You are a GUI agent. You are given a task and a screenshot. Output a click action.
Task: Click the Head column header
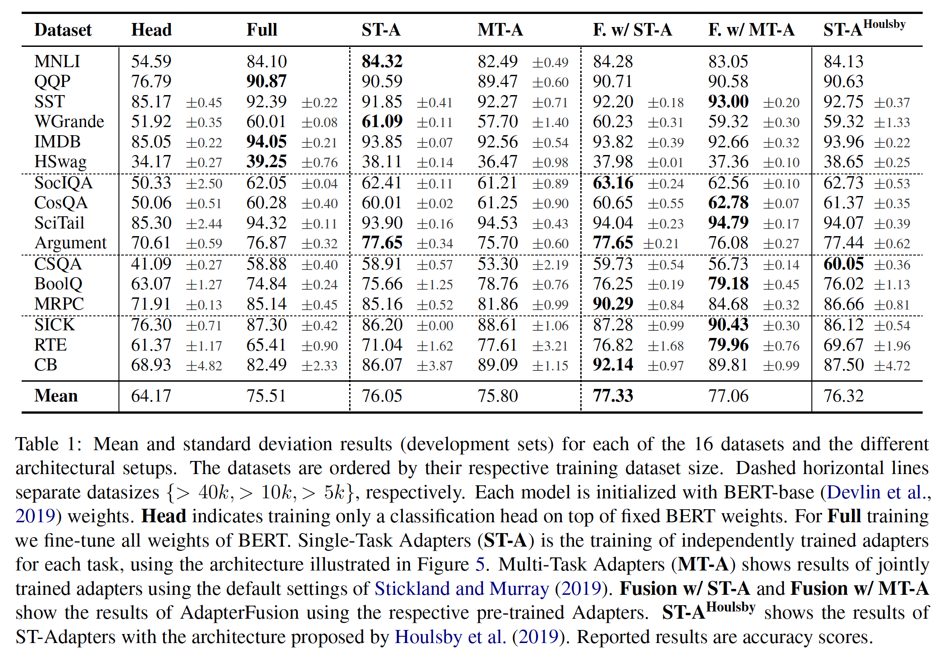(x=151, y=30)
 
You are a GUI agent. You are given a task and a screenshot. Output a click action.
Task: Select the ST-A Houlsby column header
(x=864, y=28)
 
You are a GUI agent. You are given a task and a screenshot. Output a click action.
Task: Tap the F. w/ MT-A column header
(x=751, y=30)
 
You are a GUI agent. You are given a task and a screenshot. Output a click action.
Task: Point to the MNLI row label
(x=57, y=61)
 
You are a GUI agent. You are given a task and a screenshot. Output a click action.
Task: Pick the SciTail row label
(x=59, y=223)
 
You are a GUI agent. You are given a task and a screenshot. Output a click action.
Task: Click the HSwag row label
(x=60, y=162)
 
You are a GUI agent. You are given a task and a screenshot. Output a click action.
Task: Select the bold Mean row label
(x=56, y=396)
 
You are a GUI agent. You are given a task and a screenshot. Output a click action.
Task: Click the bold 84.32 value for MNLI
(x=382, y=61)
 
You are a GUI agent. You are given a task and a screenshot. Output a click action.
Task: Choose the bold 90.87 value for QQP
(x=266, y=82)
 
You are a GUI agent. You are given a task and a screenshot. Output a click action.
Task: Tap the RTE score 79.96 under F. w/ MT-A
(x=728, y=345)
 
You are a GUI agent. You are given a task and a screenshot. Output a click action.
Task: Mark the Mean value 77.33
(x=613, y=396)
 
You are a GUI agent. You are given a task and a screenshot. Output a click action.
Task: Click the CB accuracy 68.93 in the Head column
(x=151, y=365)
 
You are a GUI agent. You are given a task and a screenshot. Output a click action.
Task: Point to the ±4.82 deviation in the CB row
(x=204, y=366)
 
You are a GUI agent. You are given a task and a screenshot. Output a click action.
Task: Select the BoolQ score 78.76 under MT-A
(x=497, y=284)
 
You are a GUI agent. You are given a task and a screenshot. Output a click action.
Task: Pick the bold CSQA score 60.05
(x=843, y=264)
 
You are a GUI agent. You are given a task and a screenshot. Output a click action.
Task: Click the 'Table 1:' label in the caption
(x=49, y=444)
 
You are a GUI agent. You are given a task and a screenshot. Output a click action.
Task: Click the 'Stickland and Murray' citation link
(x=461, y=589)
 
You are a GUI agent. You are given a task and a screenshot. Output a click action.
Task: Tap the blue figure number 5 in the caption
(x=480, y=565)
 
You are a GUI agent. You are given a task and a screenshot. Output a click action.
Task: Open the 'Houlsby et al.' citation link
(x=451, y=637)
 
